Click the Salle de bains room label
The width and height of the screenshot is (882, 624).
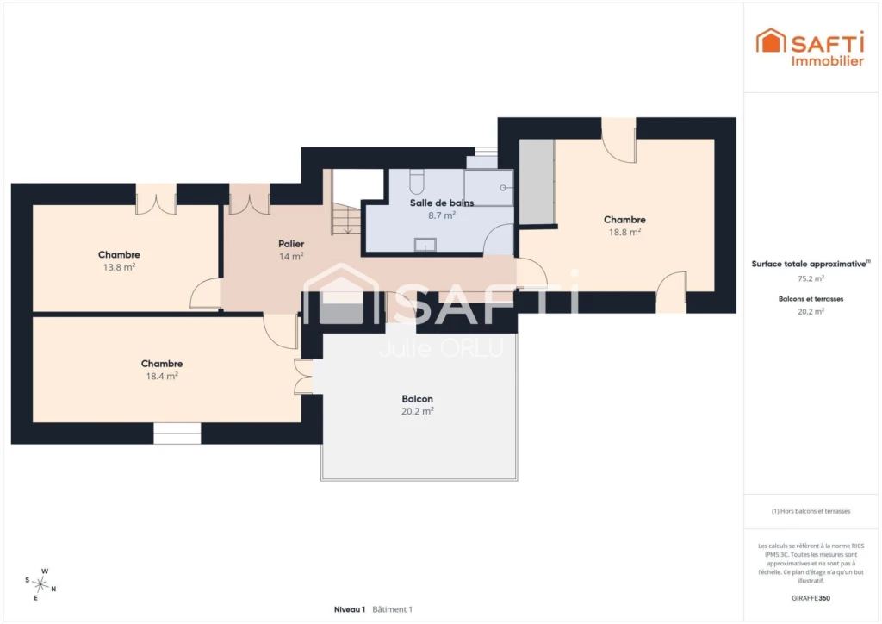442,203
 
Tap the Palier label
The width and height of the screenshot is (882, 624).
291,244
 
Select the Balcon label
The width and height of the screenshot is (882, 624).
418,399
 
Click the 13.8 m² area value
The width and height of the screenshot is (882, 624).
119,267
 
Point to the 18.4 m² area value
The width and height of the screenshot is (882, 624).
162,376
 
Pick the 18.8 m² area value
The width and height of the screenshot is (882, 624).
625,232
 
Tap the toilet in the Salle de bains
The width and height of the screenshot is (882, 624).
417,181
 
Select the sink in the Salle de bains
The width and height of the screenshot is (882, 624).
425,245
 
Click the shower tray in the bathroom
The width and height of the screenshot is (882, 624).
489,187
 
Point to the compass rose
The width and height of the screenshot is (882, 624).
40,584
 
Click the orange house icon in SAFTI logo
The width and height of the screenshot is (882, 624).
770,41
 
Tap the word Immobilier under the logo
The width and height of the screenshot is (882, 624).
828,61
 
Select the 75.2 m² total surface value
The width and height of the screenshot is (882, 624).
811,278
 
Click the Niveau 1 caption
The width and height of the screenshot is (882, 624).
350,609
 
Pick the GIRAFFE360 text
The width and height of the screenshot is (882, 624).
811,598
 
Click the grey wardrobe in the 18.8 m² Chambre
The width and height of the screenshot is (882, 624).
537,181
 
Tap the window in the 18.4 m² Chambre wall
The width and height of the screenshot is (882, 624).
177,434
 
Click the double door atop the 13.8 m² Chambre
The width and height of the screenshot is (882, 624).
157,199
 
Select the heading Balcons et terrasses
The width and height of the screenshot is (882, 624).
811,299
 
